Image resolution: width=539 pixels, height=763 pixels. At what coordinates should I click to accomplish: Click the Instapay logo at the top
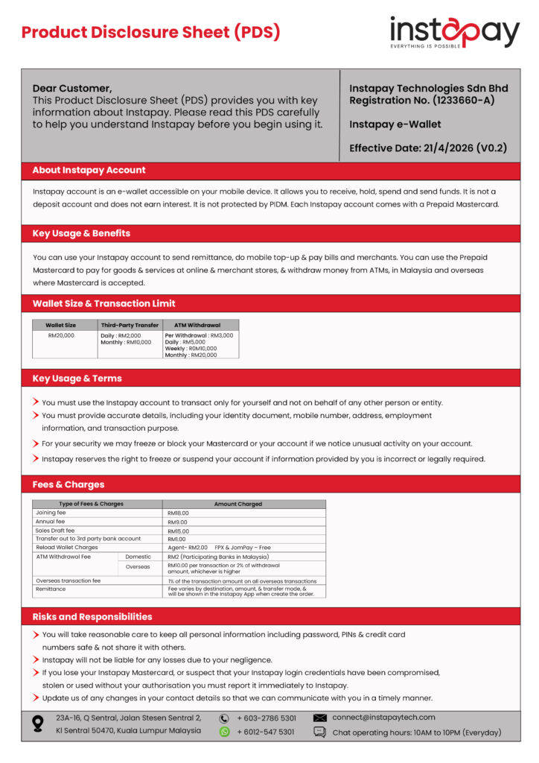click(x=454, y=33)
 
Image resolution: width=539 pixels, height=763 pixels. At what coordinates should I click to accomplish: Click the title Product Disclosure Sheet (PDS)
click(x=150, y=32)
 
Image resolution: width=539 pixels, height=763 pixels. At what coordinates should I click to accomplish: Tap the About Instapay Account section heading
click(x=89, y=170)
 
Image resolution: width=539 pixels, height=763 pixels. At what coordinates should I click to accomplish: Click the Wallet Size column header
click(x=61, y=325)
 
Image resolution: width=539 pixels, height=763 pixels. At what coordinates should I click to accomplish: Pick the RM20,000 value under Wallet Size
click(x=61, y=335)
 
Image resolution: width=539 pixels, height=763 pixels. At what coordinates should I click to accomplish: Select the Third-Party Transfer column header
click(x=130, y=325)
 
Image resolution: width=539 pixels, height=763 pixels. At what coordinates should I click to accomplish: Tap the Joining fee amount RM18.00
click(x=179, y=513)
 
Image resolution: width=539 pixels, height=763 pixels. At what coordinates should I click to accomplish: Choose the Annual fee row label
click(x=51, y=522)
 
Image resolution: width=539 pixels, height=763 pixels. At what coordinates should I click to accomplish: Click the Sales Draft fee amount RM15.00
click(x=179, y=531)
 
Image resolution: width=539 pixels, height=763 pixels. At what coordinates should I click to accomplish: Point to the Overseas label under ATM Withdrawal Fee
click(x=138, y=566)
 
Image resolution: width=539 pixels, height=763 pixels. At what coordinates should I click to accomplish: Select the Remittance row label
click(x=51, y=589)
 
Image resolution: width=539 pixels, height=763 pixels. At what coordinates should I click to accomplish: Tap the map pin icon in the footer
click(x=38, y=724)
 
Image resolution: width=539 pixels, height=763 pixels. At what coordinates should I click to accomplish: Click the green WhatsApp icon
click(x=224, y=732)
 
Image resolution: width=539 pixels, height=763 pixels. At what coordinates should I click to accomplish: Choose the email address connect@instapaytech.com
click(x=384, y=718)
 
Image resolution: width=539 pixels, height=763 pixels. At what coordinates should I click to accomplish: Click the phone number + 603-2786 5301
click(x=267, y=718)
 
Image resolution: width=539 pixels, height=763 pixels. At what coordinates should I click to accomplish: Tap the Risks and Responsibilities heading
click(x=92, y=617)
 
